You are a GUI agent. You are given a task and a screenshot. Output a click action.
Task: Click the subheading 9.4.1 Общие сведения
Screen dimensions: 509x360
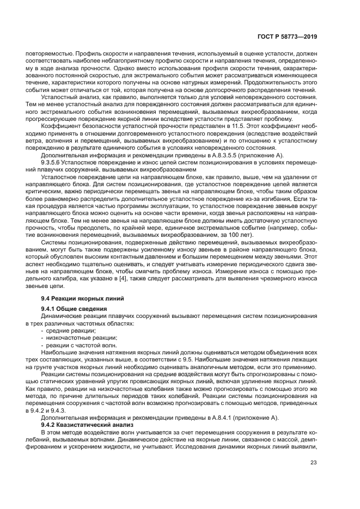74,309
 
